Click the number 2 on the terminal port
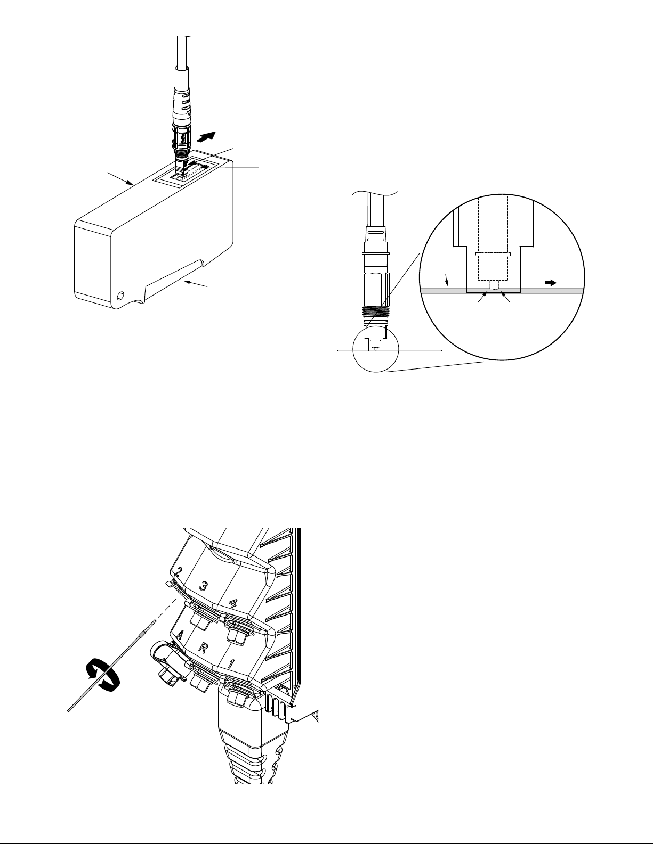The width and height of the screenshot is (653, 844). pyautogui.click(x=179, y=572)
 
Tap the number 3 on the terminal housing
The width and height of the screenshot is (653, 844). pyautogui.click(x=203, y=586)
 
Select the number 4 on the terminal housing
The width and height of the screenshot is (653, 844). pyautogui.click(x=233, y=603)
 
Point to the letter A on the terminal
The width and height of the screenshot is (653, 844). pyautogui.click(x=181, y=635)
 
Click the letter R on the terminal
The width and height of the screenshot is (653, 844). pyautogui.click(x=203, y=647)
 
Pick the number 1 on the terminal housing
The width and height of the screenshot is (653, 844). pyautogui.click(x=231, y=663)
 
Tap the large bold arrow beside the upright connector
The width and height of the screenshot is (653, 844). pyautogui.click(x=206, y=136)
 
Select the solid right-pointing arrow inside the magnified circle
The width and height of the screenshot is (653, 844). pyautogui.click(x=551, y=283)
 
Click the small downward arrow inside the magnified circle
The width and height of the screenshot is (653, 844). pyautogui.click(x=447, y=280)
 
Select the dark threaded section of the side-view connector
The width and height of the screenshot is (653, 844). pyautogui.click(x=375, y=312)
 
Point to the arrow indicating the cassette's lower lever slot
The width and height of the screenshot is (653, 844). pyautogui.click(x=196, y=283)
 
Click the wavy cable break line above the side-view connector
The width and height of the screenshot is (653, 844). pyautogui.click(x=375, y=193)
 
